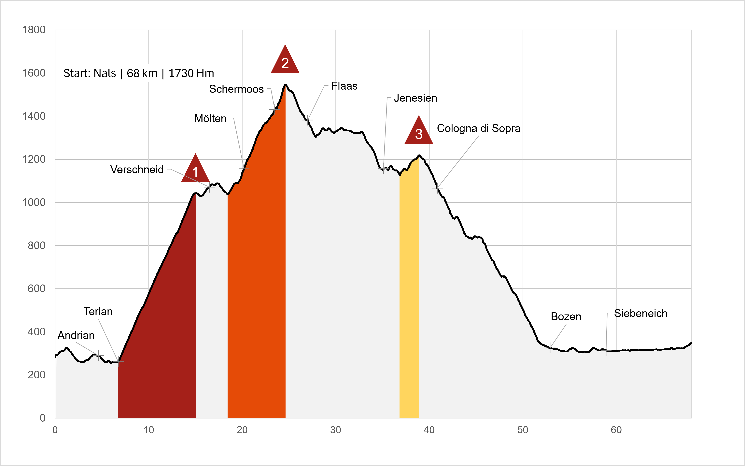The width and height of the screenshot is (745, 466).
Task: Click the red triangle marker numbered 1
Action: (x=195, y=169)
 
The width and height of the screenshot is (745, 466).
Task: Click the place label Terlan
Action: (x=98, y=311)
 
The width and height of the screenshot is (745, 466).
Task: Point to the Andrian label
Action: (x=76, y=335)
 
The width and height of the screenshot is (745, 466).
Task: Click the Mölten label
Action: (x=210, y=118)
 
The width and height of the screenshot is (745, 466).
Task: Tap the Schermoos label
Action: (x=236, y=89)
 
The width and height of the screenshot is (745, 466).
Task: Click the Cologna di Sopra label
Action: (x=479, y=128)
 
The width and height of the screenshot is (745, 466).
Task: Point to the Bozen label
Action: (x=566, y=316)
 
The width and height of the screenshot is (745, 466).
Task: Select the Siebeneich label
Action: (x=641, y=313)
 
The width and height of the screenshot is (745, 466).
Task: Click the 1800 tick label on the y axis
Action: (x=34, y=30)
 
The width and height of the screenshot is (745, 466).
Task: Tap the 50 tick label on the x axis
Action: (x=523, y=430)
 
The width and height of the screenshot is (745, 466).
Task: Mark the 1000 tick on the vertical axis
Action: (x=34, y=202)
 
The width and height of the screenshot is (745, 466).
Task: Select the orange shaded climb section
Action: (x=257, y=277)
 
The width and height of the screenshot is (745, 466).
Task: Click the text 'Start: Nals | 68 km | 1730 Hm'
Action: (x=139, y=73)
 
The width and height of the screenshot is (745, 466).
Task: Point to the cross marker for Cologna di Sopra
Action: (x=437, y=188)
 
